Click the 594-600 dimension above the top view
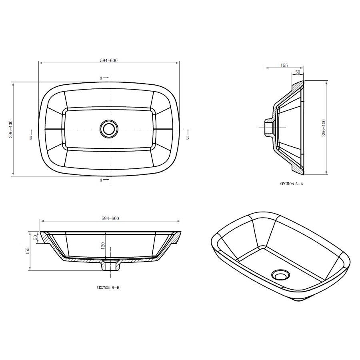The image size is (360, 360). (109, 60)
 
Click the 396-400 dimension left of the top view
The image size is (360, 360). (11, 129)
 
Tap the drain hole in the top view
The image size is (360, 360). (109, 129)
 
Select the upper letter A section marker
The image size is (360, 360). (101, 78)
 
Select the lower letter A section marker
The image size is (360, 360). (101, 180)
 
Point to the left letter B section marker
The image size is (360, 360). (30, 138)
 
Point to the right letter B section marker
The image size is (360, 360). (188, 138)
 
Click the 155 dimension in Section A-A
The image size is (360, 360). (284, 66)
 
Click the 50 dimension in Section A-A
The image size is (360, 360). (298, 72)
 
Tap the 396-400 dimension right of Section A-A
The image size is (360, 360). (324, 128)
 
